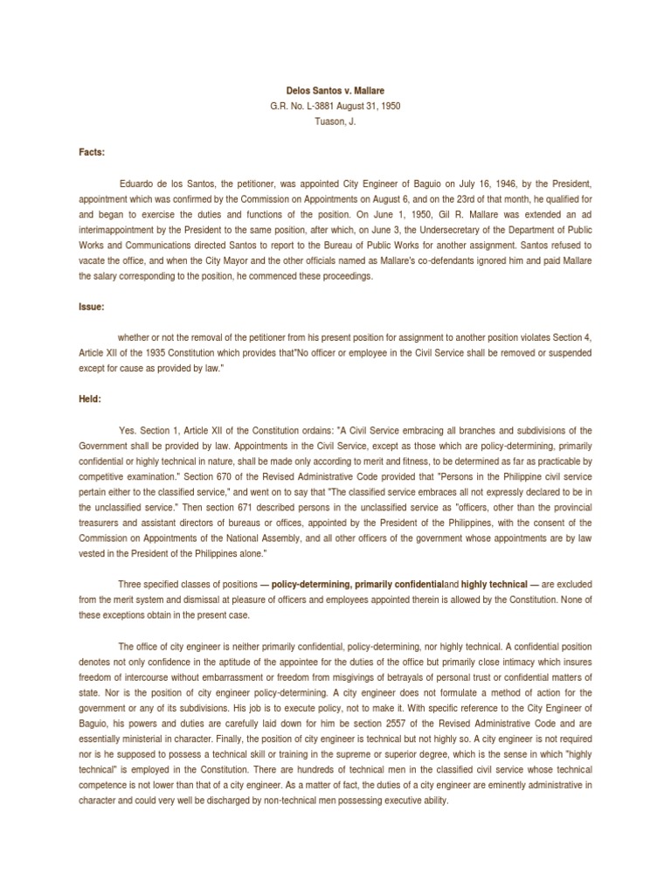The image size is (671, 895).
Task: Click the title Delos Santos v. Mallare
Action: click(335, 90)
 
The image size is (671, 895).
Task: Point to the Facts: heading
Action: click(92, 151)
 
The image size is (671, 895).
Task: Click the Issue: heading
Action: click(93, 306)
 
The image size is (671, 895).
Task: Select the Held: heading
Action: click(91, 399)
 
